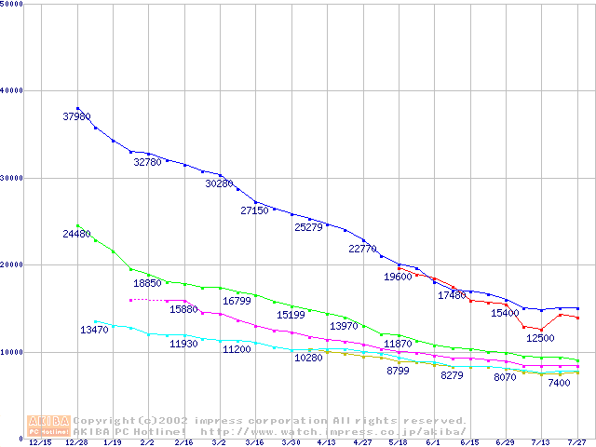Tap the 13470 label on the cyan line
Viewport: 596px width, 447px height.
(94, 330)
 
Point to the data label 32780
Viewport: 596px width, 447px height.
(147, 161)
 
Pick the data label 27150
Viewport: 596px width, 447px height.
(254, 210)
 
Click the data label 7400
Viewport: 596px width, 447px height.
(559, 383)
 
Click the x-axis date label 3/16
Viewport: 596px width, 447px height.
(254, 442)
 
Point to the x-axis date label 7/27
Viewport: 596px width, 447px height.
(576, 442)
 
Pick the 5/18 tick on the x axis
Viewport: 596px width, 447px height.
(398, 442)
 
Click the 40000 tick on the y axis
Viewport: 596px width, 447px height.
(14, 90)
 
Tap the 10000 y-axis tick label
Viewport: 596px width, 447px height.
(14, 352)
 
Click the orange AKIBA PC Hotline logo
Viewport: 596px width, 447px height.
(49, 426)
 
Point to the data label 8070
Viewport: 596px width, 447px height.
(505, 377)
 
